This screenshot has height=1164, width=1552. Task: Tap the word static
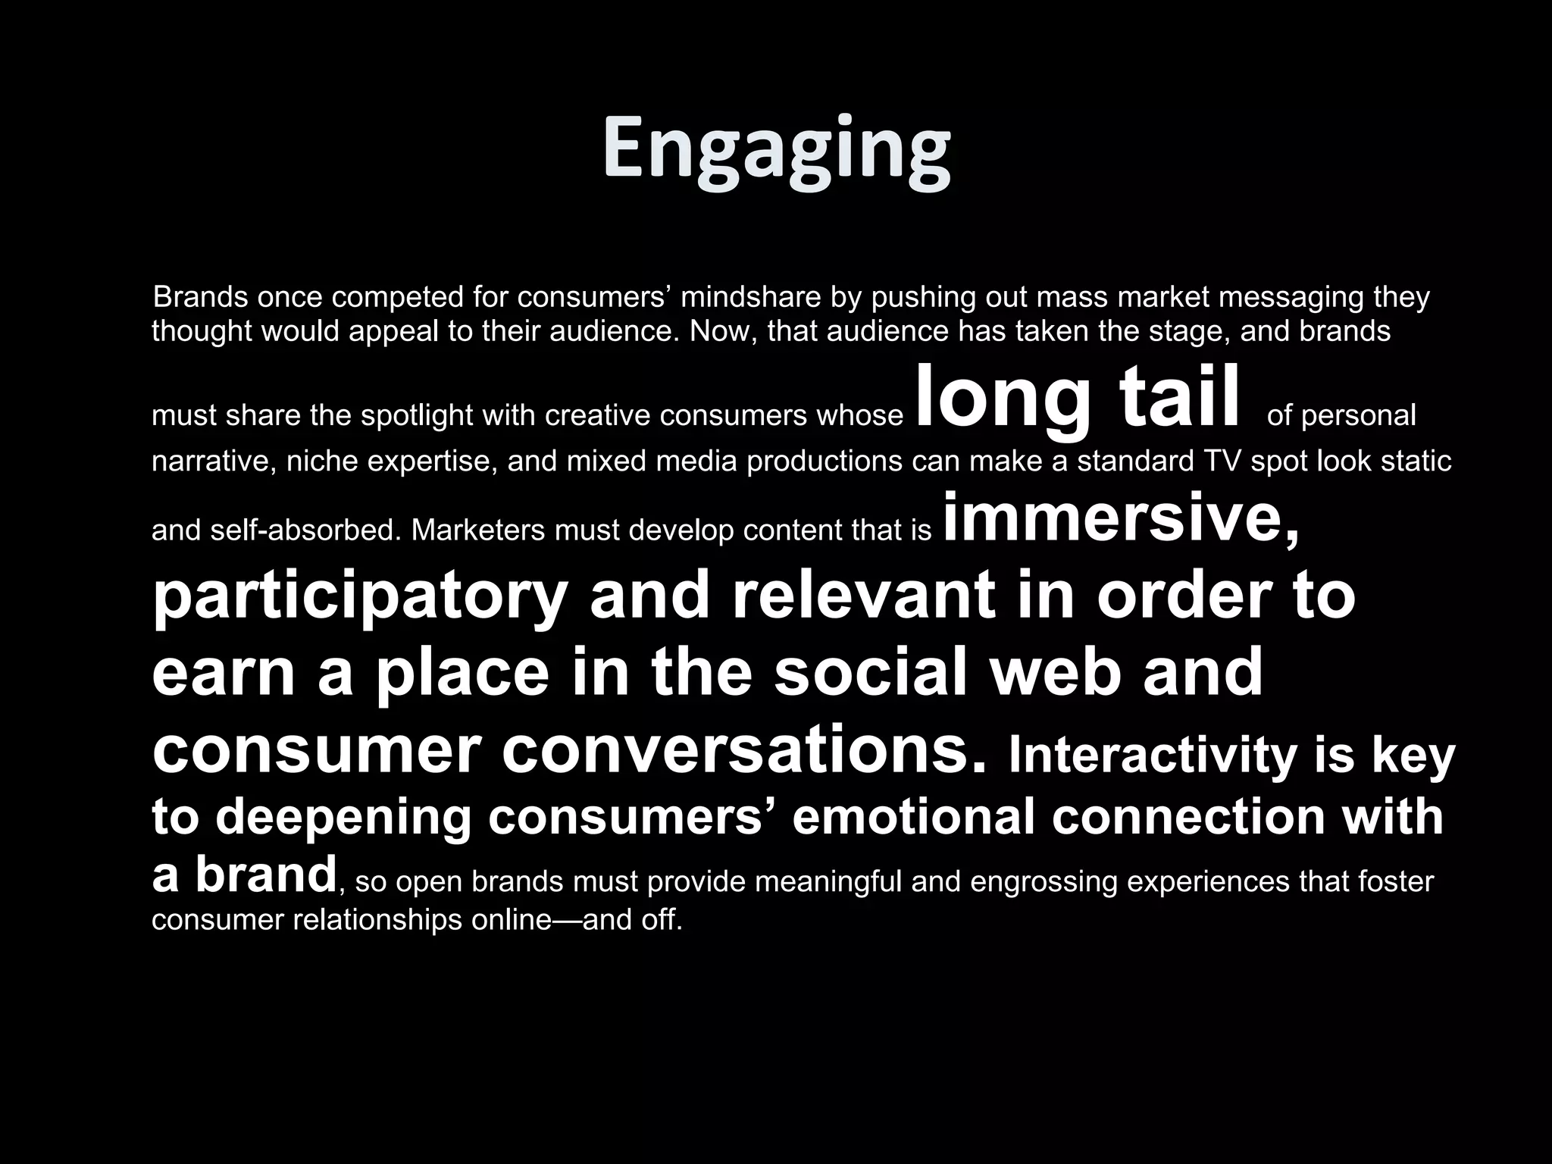tap(1416, 461)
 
